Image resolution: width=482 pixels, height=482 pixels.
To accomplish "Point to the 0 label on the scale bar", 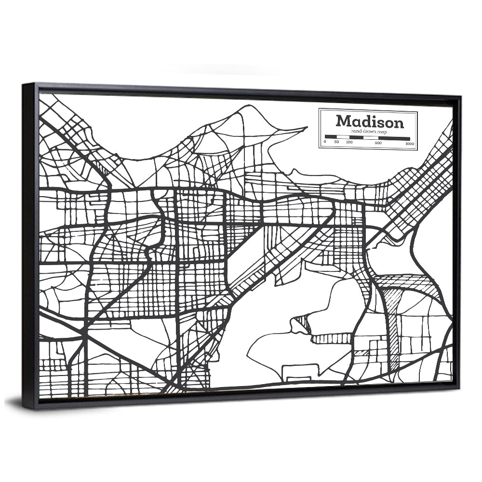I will click(x=325, y=142).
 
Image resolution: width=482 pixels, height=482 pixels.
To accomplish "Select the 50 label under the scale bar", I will click(x=336, y=142).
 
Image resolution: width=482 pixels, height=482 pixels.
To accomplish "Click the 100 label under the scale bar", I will click(x=349, y=142).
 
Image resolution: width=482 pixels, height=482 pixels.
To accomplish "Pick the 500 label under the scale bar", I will click(x=378, y=143).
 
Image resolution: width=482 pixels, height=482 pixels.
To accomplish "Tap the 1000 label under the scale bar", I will click(x=410, y=144).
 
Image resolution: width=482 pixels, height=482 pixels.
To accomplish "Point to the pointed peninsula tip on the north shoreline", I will click(x=306, y=128).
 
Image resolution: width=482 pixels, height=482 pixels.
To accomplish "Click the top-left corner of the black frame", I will click(x=24, y=85).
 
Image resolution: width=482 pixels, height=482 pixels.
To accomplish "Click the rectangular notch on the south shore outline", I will click(x=300, y=372).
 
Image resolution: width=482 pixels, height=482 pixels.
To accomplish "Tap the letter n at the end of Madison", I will click(x=398, y=123).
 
